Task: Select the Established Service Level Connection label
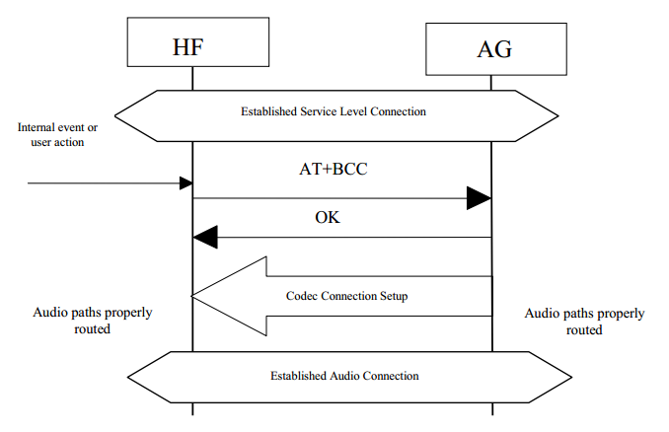tap(334, 111)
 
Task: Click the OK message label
tap(328, 218)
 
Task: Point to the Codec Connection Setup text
tap(346, 296)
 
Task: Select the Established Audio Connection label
tap(344, 376)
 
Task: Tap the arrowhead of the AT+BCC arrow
tap(479, 199)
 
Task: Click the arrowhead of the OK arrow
tap(205, 238)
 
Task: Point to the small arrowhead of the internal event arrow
tap(186, 183)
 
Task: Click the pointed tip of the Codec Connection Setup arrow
tap(195, 295)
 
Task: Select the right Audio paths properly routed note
tap(584, 322)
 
